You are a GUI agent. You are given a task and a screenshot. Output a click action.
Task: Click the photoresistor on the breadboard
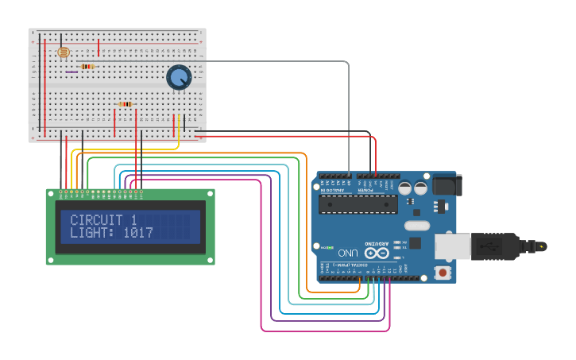tap(63, 52)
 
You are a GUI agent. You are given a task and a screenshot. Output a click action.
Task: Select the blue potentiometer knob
tap(179, 77)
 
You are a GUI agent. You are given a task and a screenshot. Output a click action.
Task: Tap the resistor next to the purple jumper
tap(87, 66)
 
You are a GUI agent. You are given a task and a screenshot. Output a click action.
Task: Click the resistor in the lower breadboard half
tap(125, 104)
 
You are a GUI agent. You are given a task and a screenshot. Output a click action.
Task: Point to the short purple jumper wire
tap(72, 72)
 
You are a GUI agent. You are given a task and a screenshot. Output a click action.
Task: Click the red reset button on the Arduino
tap(442, 273)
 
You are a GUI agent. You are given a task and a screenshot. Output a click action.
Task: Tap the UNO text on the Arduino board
tap(348, 253)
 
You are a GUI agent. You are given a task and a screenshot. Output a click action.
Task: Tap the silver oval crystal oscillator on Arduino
tap(416, 226)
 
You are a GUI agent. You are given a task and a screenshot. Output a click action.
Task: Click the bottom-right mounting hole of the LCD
tap(209, 259)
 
